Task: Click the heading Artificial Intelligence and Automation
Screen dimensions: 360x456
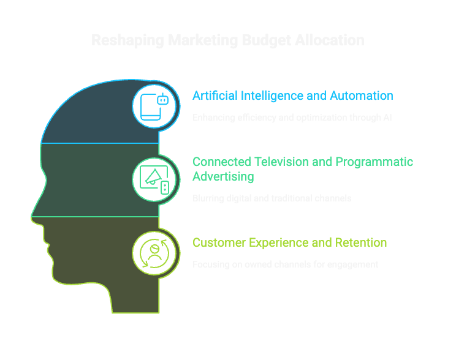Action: click(292, 96)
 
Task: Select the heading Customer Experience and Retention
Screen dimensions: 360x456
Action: click(289, 243)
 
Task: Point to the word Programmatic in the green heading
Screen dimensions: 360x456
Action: click(376, 162)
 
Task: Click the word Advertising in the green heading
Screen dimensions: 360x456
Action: click(224, 176)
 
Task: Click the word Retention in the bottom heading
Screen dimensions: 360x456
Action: click(361, 243)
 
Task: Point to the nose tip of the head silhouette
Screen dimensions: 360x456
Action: click(32, 215)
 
